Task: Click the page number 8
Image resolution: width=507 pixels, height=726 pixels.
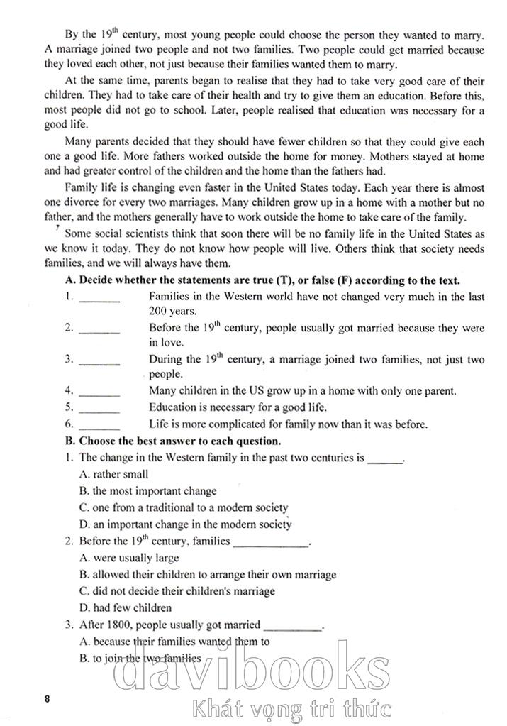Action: tap(47, 699)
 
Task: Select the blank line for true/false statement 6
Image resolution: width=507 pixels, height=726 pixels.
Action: tap(99, 428)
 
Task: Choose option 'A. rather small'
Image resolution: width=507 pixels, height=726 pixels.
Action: tap(114, 474)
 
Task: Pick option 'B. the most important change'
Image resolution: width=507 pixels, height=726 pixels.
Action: tap(148, 490)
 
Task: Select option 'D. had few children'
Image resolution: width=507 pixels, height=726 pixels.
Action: tap(126, 607)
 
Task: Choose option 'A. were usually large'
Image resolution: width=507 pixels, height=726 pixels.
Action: tap(129, 558)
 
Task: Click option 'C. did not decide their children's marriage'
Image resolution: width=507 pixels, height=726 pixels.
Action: tap(177, 590)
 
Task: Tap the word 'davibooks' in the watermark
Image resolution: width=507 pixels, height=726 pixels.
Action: tap(251, 671)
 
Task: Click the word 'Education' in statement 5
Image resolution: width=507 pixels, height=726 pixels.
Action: tap(172, 407)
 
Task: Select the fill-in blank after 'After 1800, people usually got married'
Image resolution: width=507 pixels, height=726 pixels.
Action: tap(293, 629)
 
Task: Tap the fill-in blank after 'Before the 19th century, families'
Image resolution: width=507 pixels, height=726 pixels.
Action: tap(271, 544)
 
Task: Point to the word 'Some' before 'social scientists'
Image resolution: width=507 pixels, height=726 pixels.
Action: tap(78, 234)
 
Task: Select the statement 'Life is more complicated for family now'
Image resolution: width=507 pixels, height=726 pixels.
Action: tap(288, 424)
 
